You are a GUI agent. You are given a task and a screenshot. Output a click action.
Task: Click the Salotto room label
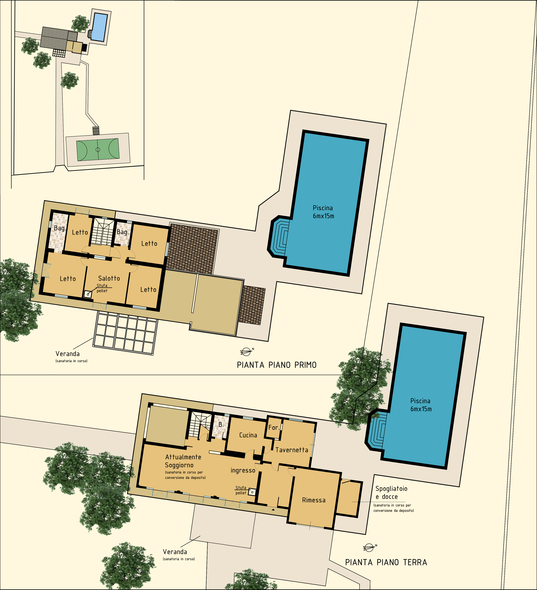[109, 278]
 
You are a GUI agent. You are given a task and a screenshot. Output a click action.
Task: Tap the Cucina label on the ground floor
[248, 435]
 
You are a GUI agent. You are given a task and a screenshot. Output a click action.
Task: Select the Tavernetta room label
[292, 450]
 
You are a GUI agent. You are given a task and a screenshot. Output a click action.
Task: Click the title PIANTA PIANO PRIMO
[277, 365]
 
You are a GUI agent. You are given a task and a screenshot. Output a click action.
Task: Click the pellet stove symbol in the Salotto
[88, 294]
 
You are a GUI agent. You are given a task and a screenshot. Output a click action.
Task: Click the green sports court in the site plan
[98, 149]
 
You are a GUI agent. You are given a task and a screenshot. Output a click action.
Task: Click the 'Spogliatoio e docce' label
[391, 493]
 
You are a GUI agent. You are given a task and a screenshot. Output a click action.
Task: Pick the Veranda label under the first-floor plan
[68, 354]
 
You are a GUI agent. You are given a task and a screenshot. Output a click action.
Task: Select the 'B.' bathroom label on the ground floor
[221, 424]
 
